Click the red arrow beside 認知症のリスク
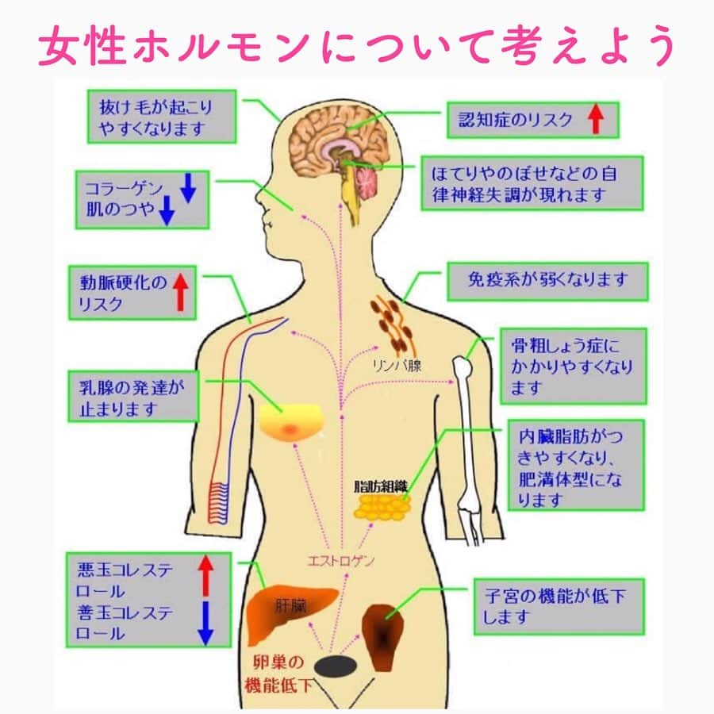pos(596,119)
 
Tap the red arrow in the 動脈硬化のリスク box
pos(181,292)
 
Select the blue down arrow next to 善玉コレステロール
pos(205,623)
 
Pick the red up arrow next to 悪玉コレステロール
pos(205,576)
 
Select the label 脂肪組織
pos(381,486)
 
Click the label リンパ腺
pos(397,366)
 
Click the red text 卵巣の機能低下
pos(278,674)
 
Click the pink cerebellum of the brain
pos(367,183)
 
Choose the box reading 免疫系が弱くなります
pos(547,281)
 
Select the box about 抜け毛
pos(162,117)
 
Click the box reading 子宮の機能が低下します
pos(559,607)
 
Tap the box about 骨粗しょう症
pos(574,366)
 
